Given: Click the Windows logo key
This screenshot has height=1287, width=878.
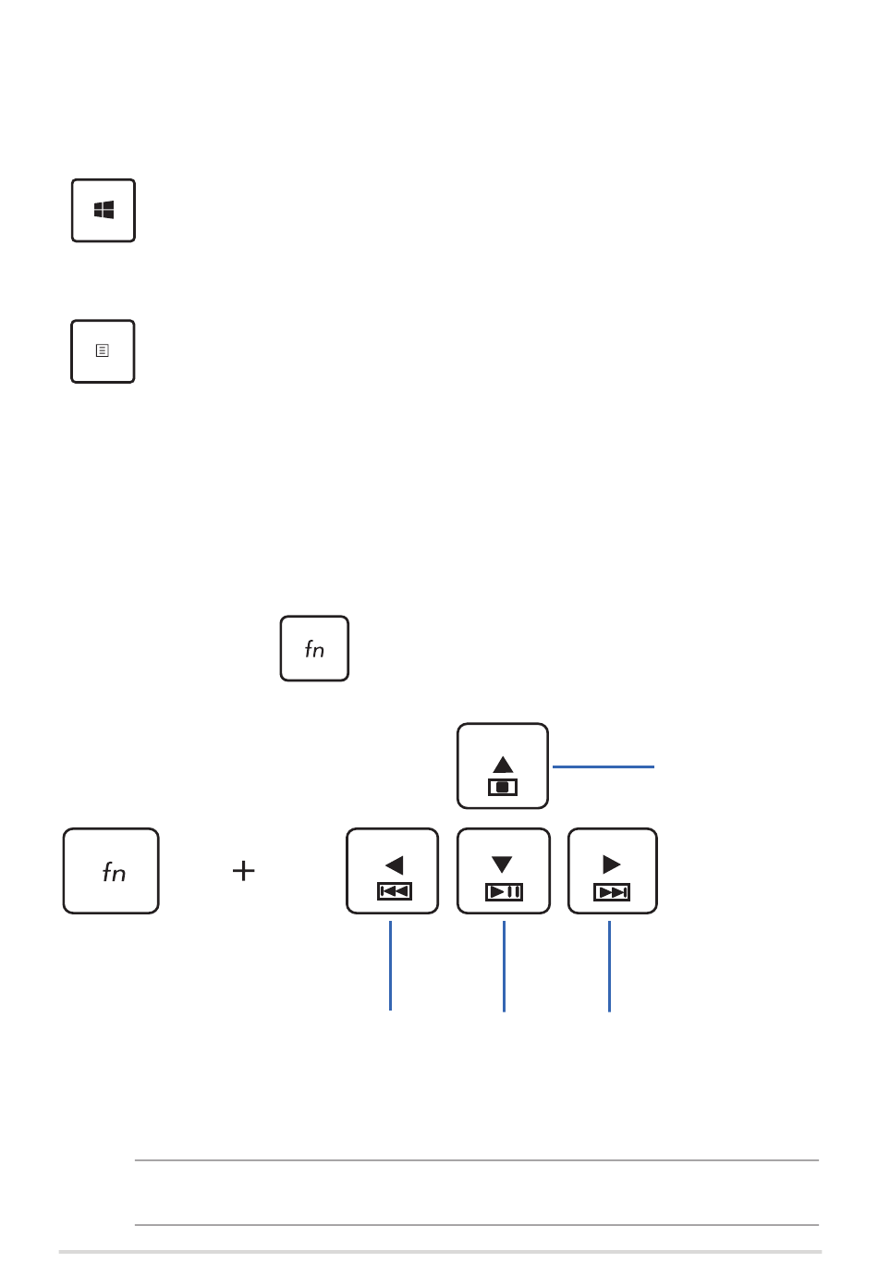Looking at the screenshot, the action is pyautogui.click(x=104, y=210).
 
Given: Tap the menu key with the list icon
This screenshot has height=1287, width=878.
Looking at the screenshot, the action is pyautogui.click(x=103, y=351).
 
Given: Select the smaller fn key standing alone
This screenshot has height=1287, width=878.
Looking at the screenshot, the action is pyautogui.click(x=314, y=648).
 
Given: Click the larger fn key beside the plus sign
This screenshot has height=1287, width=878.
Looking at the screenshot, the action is pyautogui.click(x=111, y=870).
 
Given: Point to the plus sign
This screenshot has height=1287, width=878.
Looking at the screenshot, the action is pyautogui.click(x=243, y=870).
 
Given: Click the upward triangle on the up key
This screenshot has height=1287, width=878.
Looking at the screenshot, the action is pyautogui.click(x=503, y=764).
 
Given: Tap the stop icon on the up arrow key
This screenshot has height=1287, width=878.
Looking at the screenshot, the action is pyautogui.click(x=503, y=787).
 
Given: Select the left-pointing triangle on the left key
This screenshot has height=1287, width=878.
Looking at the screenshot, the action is pyautogui.click(x=395, y=864).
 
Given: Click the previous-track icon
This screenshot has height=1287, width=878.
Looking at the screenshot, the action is pyautogui.click(x=395, y=891).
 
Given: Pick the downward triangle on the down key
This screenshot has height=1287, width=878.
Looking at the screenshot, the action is pyautogui.click(x=502, y=864).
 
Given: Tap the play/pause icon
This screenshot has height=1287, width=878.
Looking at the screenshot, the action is pyautogui.click(x=504, y=892).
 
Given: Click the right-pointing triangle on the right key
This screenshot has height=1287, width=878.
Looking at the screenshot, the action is pyautogui.click(x=612, y=864).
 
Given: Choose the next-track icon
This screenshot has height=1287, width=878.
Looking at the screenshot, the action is pyautogui.click(x=612, y=892).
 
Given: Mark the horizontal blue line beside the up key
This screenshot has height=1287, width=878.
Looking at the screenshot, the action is pyautogui.click(x=603, y=766).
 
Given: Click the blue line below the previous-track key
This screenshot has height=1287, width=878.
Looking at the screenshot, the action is pyautogui.click(x=390, y=965).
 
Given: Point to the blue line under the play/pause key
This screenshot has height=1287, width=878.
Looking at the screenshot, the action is pyautogui.click(x=505, y=966).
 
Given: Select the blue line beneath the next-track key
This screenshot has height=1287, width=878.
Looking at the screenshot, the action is pyautogui.click(x=609, y=966).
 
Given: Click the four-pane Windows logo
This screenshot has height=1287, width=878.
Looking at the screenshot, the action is pyautogui.click(x=104, y=210).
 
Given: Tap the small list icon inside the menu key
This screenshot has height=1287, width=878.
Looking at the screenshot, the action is pyautogui.click(x=103, y=350).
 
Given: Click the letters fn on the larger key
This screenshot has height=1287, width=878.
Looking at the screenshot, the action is pyautogui.click(x=114, y=872).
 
